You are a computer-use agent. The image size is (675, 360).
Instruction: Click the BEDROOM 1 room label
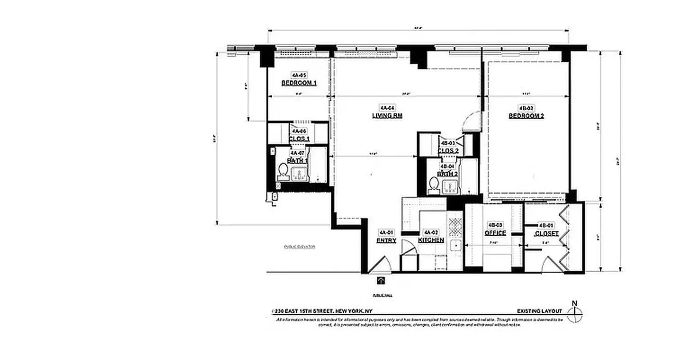pos(299,83)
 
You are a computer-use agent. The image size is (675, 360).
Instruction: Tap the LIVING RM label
pos(387,116)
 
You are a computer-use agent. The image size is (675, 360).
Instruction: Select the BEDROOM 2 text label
pos(526,116)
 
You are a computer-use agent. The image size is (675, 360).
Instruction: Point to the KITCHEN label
pos(431,240)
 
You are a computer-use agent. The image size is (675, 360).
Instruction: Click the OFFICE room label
pos(495,233)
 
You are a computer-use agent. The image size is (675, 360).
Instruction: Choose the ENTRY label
pos(386,241)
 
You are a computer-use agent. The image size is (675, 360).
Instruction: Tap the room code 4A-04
pos(387,108)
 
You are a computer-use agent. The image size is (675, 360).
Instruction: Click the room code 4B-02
pos(526,108)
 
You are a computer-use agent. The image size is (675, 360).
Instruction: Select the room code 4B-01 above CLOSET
pos(546,225)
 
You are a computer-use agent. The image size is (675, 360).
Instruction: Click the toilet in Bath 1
pos(283,171)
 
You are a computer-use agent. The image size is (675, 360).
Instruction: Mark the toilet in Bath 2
pos(434,184)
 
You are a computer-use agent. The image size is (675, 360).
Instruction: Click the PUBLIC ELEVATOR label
pos(299,247)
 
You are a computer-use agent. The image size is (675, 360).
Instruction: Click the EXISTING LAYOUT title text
pos(539,311)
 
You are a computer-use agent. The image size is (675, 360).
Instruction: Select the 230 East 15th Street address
pos(322,311)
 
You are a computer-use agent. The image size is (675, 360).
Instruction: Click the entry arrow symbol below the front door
pos(381,281)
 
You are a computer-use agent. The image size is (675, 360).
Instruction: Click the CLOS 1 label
pos(299,139)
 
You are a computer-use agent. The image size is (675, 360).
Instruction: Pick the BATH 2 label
pos(448,174)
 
